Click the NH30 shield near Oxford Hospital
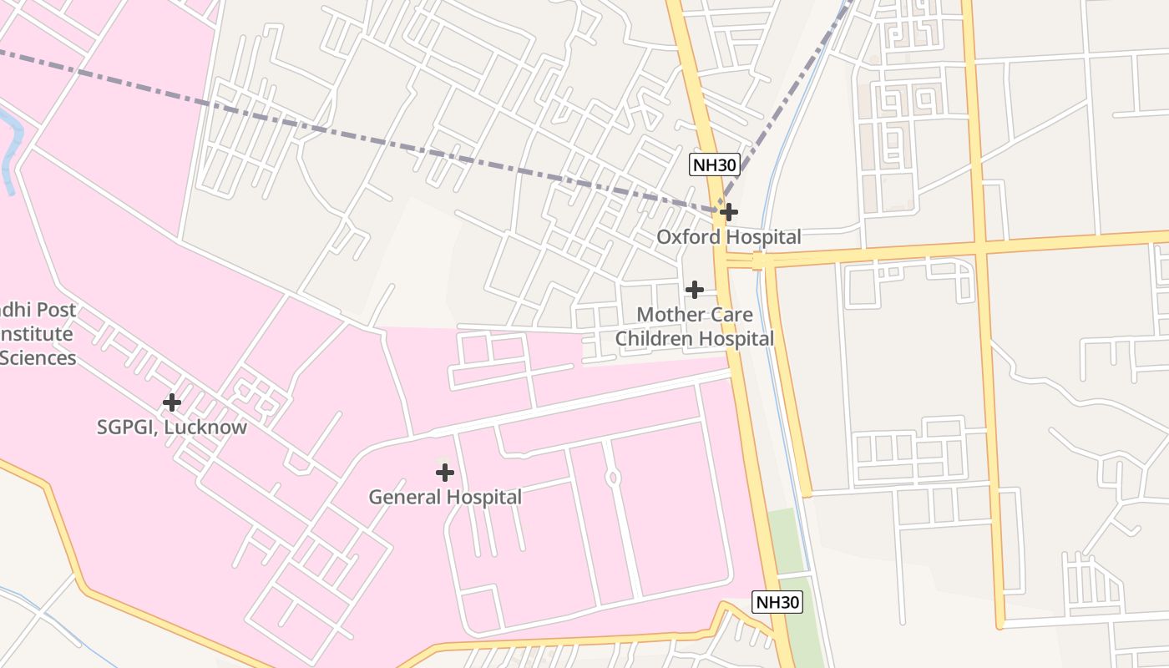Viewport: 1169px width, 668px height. tap(714, 164)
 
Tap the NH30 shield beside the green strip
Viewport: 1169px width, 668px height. tap(777, 602)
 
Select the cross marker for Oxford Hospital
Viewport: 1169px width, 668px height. tap(729, 212)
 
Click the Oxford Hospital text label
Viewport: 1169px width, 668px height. tap(728, 237)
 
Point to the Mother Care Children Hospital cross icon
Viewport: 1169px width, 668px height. tap(694, 290)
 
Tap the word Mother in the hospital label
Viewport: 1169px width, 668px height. tap(665, 315)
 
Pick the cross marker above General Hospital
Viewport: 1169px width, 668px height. tap(445, 473)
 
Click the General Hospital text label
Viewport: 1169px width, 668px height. tap(445, 498)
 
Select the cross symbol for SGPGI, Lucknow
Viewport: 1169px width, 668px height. tap(171, 402)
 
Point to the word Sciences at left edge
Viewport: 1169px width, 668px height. tap(38, 358)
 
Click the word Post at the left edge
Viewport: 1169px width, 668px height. tap(56, 310)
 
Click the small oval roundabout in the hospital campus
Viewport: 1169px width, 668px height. tap(614, 478)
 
